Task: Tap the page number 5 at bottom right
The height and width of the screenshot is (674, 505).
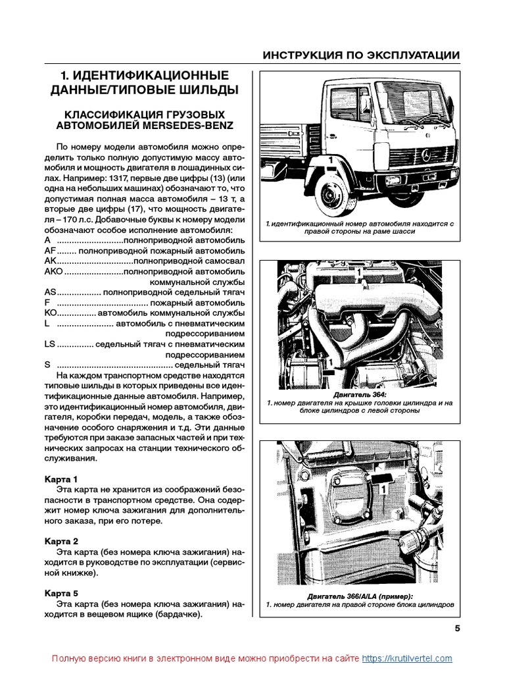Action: tap(457, 627)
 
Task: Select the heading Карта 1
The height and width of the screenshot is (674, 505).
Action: tap(61, 479)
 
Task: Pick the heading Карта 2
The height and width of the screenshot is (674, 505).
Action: tap(61, 540)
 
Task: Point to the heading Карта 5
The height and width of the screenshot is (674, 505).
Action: tap(61, 593)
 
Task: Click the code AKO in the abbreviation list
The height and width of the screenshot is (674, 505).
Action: tap(53, 271)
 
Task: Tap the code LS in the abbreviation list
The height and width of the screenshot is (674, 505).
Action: tap(49, 344)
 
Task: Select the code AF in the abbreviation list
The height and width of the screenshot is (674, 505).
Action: tap(50, 251)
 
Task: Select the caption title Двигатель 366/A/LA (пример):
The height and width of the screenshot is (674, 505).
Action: tap(361, 596)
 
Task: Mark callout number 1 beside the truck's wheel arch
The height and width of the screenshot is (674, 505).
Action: tap(325, 161)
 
